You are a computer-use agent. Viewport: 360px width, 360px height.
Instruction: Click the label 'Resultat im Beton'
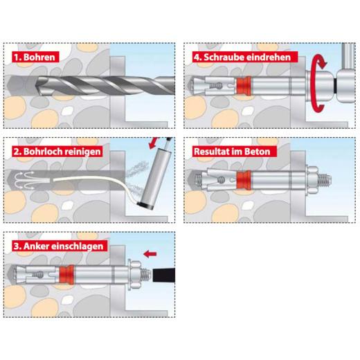tap(232, 150)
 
